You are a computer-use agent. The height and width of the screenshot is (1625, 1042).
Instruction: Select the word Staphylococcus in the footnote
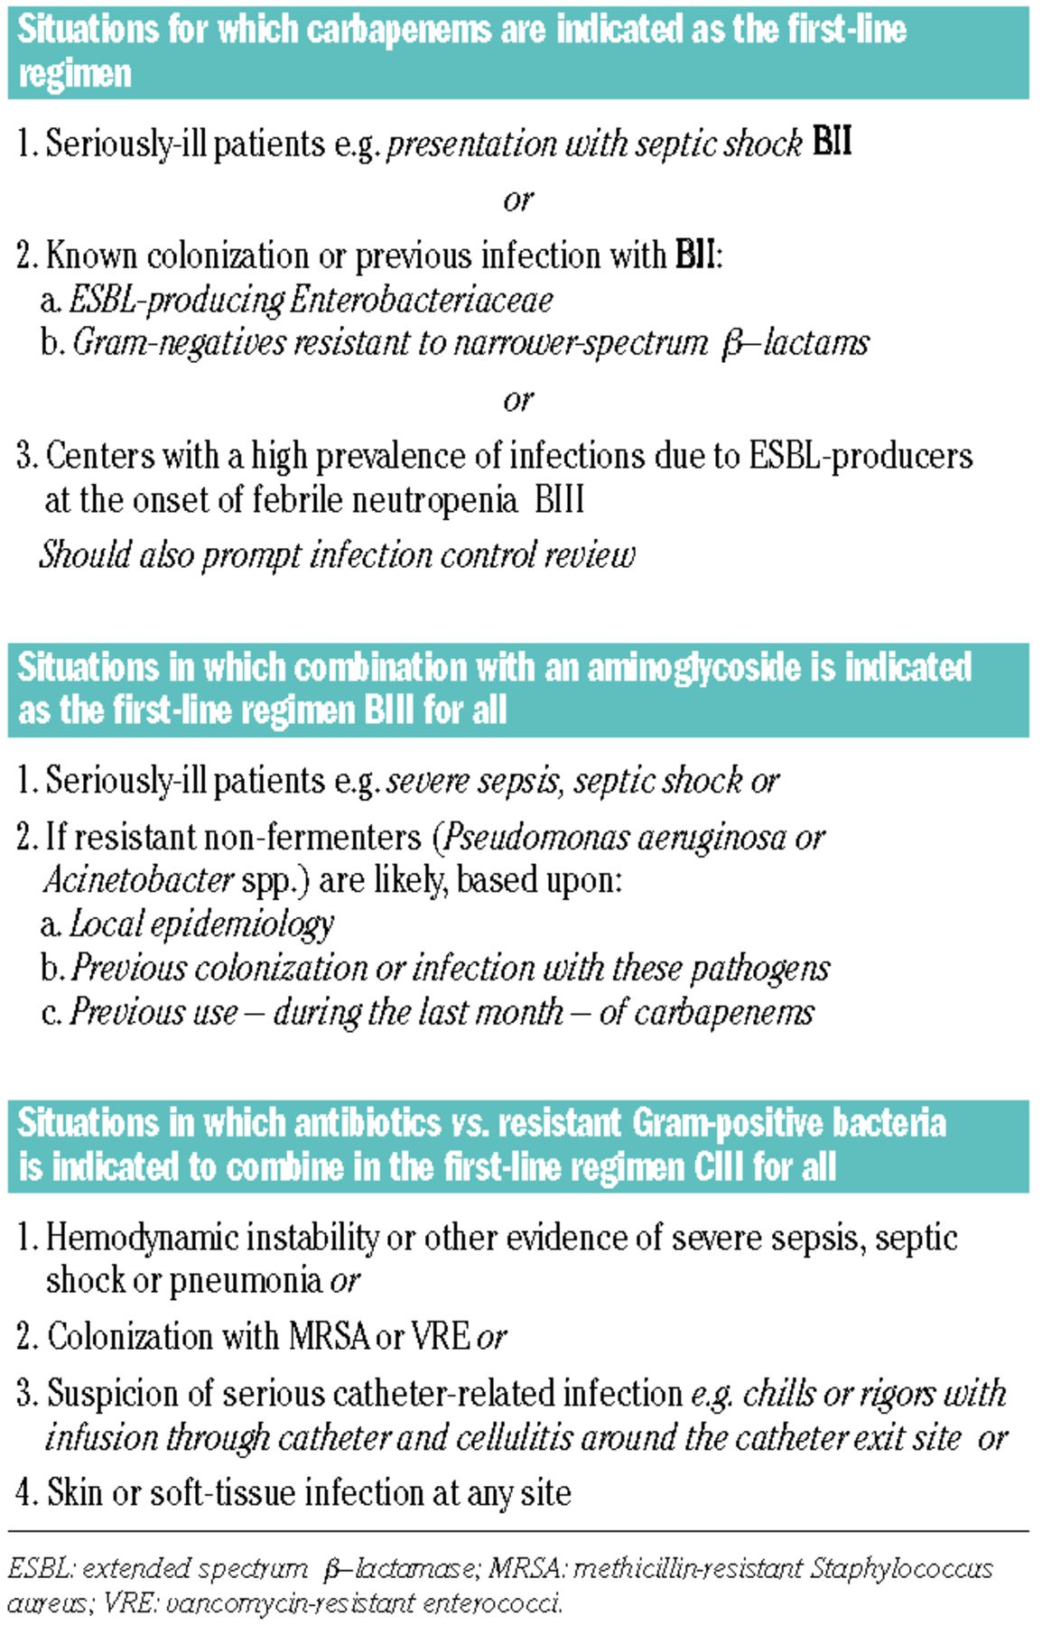[x=899, y=1568]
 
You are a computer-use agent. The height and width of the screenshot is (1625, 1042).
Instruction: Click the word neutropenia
[x=430, y=499]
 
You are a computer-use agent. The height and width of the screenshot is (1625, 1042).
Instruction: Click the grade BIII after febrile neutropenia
[x=559, y=499]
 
